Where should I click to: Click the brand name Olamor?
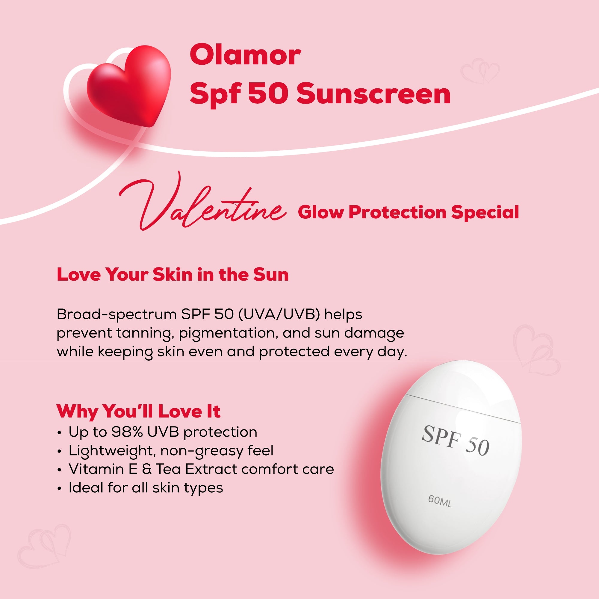pyautogui.click(x=245, y=55)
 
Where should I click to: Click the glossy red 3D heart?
pyautogui.click(x=129, y=85)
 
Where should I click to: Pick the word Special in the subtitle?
pyautogui.click(x=485, y=212)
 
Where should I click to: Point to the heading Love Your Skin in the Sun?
pyautogui.click(x=173, y=275)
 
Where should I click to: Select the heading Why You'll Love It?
pyautogui.click(x=138, y=412)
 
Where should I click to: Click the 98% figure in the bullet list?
pyautogui.click(x=127, y=432)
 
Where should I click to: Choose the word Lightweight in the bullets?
pyautogui.click(x=112, y=451)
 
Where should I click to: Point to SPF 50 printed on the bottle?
pyautogui.click(x=456, y=440)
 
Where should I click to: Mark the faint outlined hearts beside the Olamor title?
pyautogui.click(x=479, y=71)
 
